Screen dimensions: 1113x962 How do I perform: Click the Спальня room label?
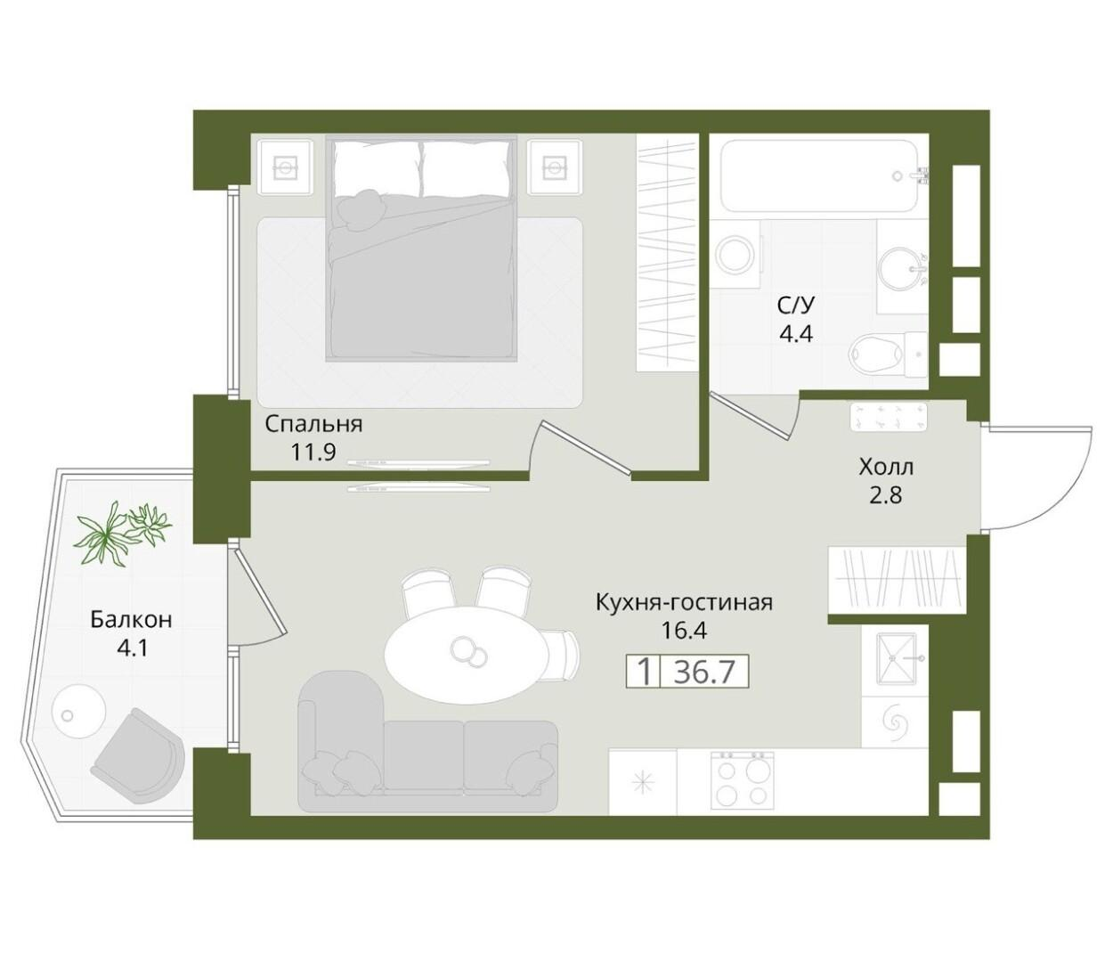tap(313, 425)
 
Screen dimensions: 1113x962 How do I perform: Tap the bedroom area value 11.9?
tap(313, 452)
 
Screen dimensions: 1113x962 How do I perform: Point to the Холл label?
tap(886, 467)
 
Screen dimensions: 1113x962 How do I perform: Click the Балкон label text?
tap(132, 619)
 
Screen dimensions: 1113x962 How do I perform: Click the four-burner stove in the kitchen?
tap(742, 781)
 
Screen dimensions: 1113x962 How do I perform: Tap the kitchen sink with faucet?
tap(895, 659)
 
